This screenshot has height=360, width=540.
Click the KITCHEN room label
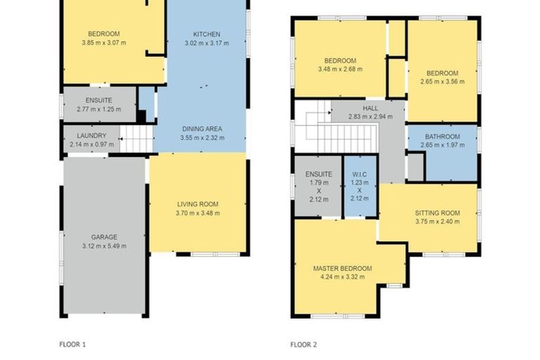207,34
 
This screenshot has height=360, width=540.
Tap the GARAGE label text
103,237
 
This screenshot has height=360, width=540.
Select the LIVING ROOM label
198,204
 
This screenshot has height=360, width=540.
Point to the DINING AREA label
202,129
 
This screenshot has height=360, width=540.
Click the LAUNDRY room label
91,136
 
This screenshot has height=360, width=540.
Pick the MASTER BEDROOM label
342,268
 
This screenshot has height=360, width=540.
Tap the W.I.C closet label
359,174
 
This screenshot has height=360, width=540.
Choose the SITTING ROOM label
437,212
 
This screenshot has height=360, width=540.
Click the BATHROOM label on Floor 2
442,136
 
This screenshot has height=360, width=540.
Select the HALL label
370,108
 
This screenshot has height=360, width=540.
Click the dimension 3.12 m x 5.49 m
103,246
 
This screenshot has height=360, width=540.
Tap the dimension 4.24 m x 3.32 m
342,277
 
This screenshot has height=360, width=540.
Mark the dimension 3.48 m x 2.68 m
340,70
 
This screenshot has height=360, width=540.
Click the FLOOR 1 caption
72,345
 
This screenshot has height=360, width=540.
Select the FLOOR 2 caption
304,345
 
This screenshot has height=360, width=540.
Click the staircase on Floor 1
136,139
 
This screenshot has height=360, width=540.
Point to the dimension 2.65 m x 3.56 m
442,82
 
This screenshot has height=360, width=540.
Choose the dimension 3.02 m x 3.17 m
207,43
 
